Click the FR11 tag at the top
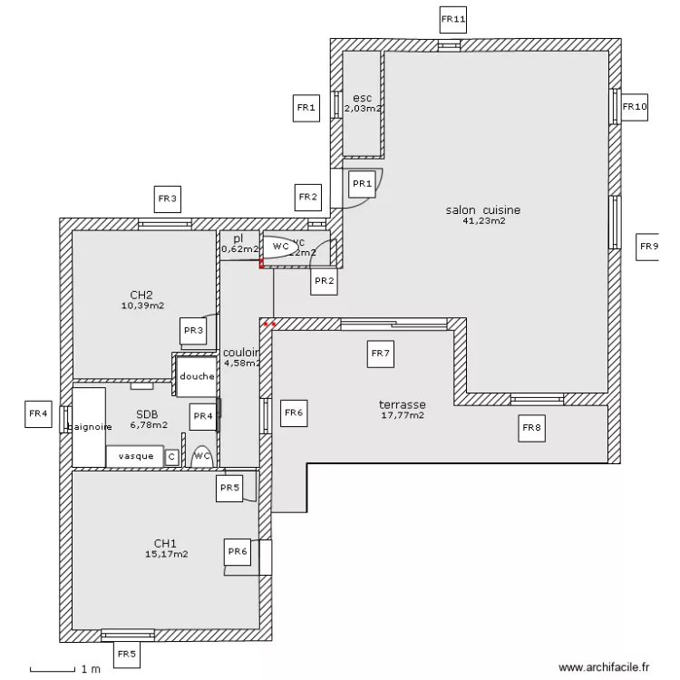[x=452, y=19]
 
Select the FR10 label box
[x=635, y=107]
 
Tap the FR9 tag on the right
[x=647, y=247]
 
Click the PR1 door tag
[x=363, y=184]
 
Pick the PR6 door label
[x=238, y=550]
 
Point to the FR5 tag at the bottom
[x=126, y=653]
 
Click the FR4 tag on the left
[x=39, y=414]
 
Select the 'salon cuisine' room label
[x=482, y=209]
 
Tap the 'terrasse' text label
[x=403, y=404]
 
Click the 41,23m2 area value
[x=483, y=220]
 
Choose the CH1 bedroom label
[x=165, y=543]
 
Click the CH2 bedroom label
[x=141, y=295]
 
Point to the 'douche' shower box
[x=196, y=376]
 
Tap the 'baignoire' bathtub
[x=89, y=425]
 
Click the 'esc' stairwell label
[x=362, y=98]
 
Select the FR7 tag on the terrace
[x=380, y=355]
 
